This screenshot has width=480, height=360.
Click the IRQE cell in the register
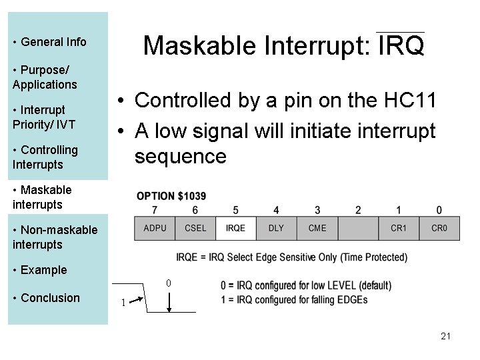tap(236, 228)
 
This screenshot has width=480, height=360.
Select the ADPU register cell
tap(155, 228)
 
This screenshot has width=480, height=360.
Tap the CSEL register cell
tap(195, 228)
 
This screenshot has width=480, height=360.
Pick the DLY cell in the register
tap(276, 228)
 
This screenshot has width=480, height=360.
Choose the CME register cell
tap(317, 228)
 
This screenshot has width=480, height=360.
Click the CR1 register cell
tap(399, 228)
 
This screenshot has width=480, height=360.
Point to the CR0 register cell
tap(439, 228)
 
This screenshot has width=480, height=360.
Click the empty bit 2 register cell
tap(358, 228)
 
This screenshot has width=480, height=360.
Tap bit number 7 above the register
tap(155, 211)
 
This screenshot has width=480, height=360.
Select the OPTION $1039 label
tap(171, 196)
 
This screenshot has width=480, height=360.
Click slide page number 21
tap(445, 336)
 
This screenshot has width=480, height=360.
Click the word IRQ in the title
tap(401, 47)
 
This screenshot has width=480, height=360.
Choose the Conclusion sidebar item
tap(50, 298)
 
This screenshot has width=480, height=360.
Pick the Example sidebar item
tap(44, 270)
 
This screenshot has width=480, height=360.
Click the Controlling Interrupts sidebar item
tap(45, 157)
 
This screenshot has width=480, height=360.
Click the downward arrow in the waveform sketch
tap(171, 303)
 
